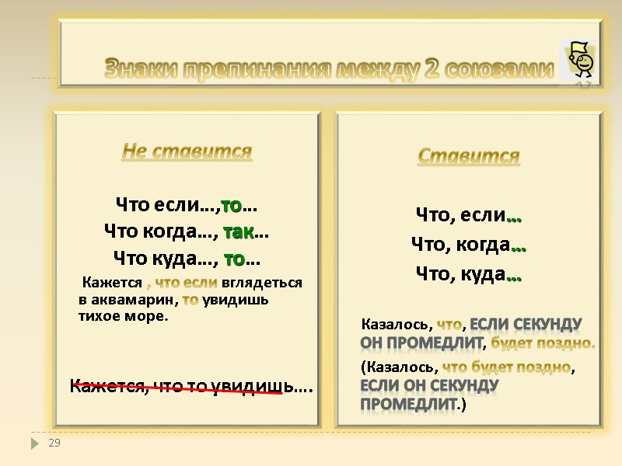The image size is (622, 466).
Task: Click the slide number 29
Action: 54,443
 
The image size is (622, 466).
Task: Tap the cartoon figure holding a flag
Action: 578,61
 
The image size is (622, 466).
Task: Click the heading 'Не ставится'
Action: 187,151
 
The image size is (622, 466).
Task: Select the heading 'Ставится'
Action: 468,156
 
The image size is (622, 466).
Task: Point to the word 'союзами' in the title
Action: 504,70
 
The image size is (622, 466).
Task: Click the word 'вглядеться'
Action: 261,283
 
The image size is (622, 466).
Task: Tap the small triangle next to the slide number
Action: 33,443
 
